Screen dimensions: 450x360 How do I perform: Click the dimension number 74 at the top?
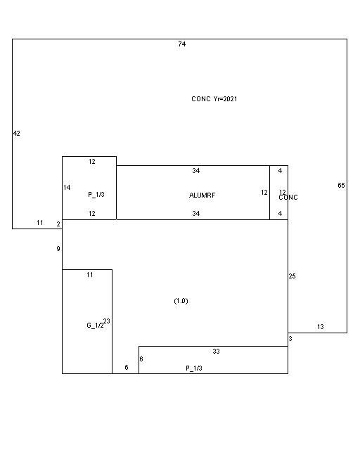(x=181, y=44)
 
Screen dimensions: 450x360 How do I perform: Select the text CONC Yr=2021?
(x=214, y=99)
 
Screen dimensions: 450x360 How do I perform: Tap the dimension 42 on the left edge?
(x=16, y=134)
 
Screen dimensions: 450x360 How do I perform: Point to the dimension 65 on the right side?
(x=341, y=186)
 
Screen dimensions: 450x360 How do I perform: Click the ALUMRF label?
(x=201, y=195)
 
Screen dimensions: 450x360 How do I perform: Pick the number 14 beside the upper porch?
(x=67, y=188)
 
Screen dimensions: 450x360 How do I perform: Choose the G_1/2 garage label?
(x=95, y=326)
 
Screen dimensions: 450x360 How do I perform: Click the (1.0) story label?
(x=181, y=301)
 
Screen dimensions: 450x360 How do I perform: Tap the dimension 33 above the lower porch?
(x=216, y=351)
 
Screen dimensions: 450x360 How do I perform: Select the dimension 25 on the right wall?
(x=292, y=276)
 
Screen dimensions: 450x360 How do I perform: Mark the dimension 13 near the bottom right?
(x=320, y=327)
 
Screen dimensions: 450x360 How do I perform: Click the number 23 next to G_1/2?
(x=107, y=321)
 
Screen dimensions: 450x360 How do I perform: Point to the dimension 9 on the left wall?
(x=58, y=249)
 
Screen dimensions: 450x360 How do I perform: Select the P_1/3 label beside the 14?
(x=96, y=195)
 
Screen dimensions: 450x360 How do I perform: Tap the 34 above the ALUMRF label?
(x=196, y=171)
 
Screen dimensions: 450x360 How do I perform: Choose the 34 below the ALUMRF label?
(x=196, y=214)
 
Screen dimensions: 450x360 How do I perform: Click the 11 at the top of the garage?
(x=89, y=275)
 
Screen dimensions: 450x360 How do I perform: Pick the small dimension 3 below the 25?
(x=290, y=339)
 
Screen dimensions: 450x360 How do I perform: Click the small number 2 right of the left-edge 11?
(x=58, y=224)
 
